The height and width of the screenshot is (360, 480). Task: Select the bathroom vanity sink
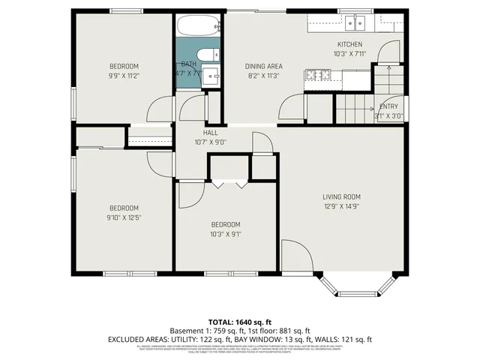(211, 76)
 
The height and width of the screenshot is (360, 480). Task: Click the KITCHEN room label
(349, 44)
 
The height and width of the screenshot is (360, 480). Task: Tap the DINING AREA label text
(262, 66)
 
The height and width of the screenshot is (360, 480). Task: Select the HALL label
(199, 132)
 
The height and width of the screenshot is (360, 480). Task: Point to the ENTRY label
(389, 106)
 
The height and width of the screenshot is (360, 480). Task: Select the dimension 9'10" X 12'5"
(124, 217)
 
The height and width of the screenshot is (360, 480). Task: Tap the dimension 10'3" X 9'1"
(225, 234)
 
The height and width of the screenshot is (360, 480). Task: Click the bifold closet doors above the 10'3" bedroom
(229, 184)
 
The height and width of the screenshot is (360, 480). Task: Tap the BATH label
(188, 64)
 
